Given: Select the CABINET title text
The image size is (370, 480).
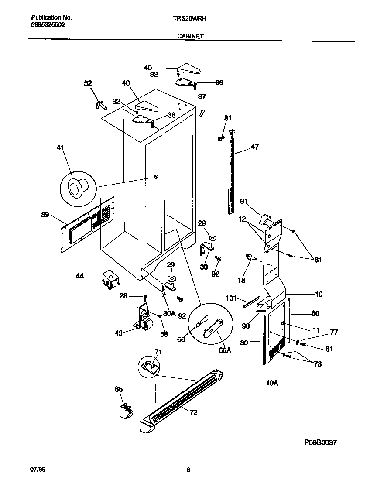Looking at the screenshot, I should point(190,37).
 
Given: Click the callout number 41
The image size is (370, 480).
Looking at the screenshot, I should point(60,148).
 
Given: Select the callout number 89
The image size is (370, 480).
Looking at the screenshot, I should point(45,214).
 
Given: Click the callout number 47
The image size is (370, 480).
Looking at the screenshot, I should point(254,147).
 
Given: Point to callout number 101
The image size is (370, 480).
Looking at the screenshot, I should point(231,298).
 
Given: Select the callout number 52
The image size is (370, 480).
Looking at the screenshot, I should point(88,83).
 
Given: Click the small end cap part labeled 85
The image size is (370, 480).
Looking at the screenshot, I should point(125,411).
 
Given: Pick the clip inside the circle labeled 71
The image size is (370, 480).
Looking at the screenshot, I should point(149,367).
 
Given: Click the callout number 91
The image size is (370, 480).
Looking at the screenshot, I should point(244,201).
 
